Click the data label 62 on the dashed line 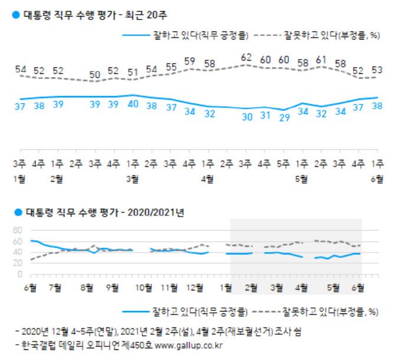coord(246,58)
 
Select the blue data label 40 coord(133,104)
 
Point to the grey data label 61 coord(322,60)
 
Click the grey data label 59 coord(190,61)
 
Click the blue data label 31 coord(266,116)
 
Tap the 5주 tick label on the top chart coord(284,162)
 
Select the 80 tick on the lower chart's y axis coord(18,230)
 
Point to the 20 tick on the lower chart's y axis coord(18,263)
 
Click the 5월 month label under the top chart coord(301,179)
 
